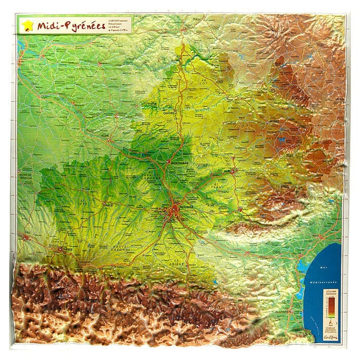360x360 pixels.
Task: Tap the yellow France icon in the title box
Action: [27, 25]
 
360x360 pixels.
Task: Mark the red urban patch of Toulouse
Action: [175, 208]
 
